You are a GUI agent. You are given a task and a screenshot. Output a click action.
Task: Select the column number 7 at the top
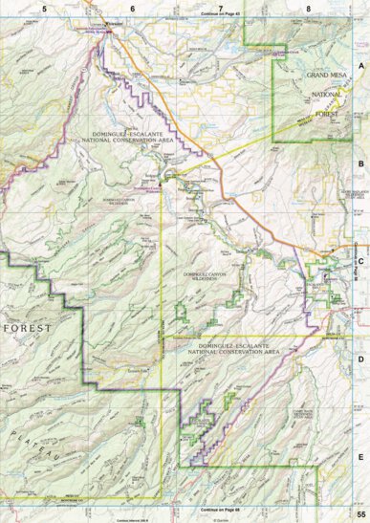pyautogui.click(x=221, y=8)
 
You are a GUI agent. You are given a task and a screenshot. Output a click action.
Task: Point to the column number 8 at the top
pyautogui.click(x=308, y=8)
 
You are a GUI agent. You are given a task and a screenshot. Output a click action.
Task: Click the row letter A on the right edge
pyautogui.click(x=360, y=66)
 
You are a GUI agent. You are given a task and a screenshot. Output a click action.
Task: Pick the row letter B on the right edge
pyautogui.click(x=360, y=163)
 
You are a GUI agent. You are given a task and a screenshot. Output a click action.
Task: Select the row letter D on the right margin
pyautogui.click(x=360, y=359)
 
